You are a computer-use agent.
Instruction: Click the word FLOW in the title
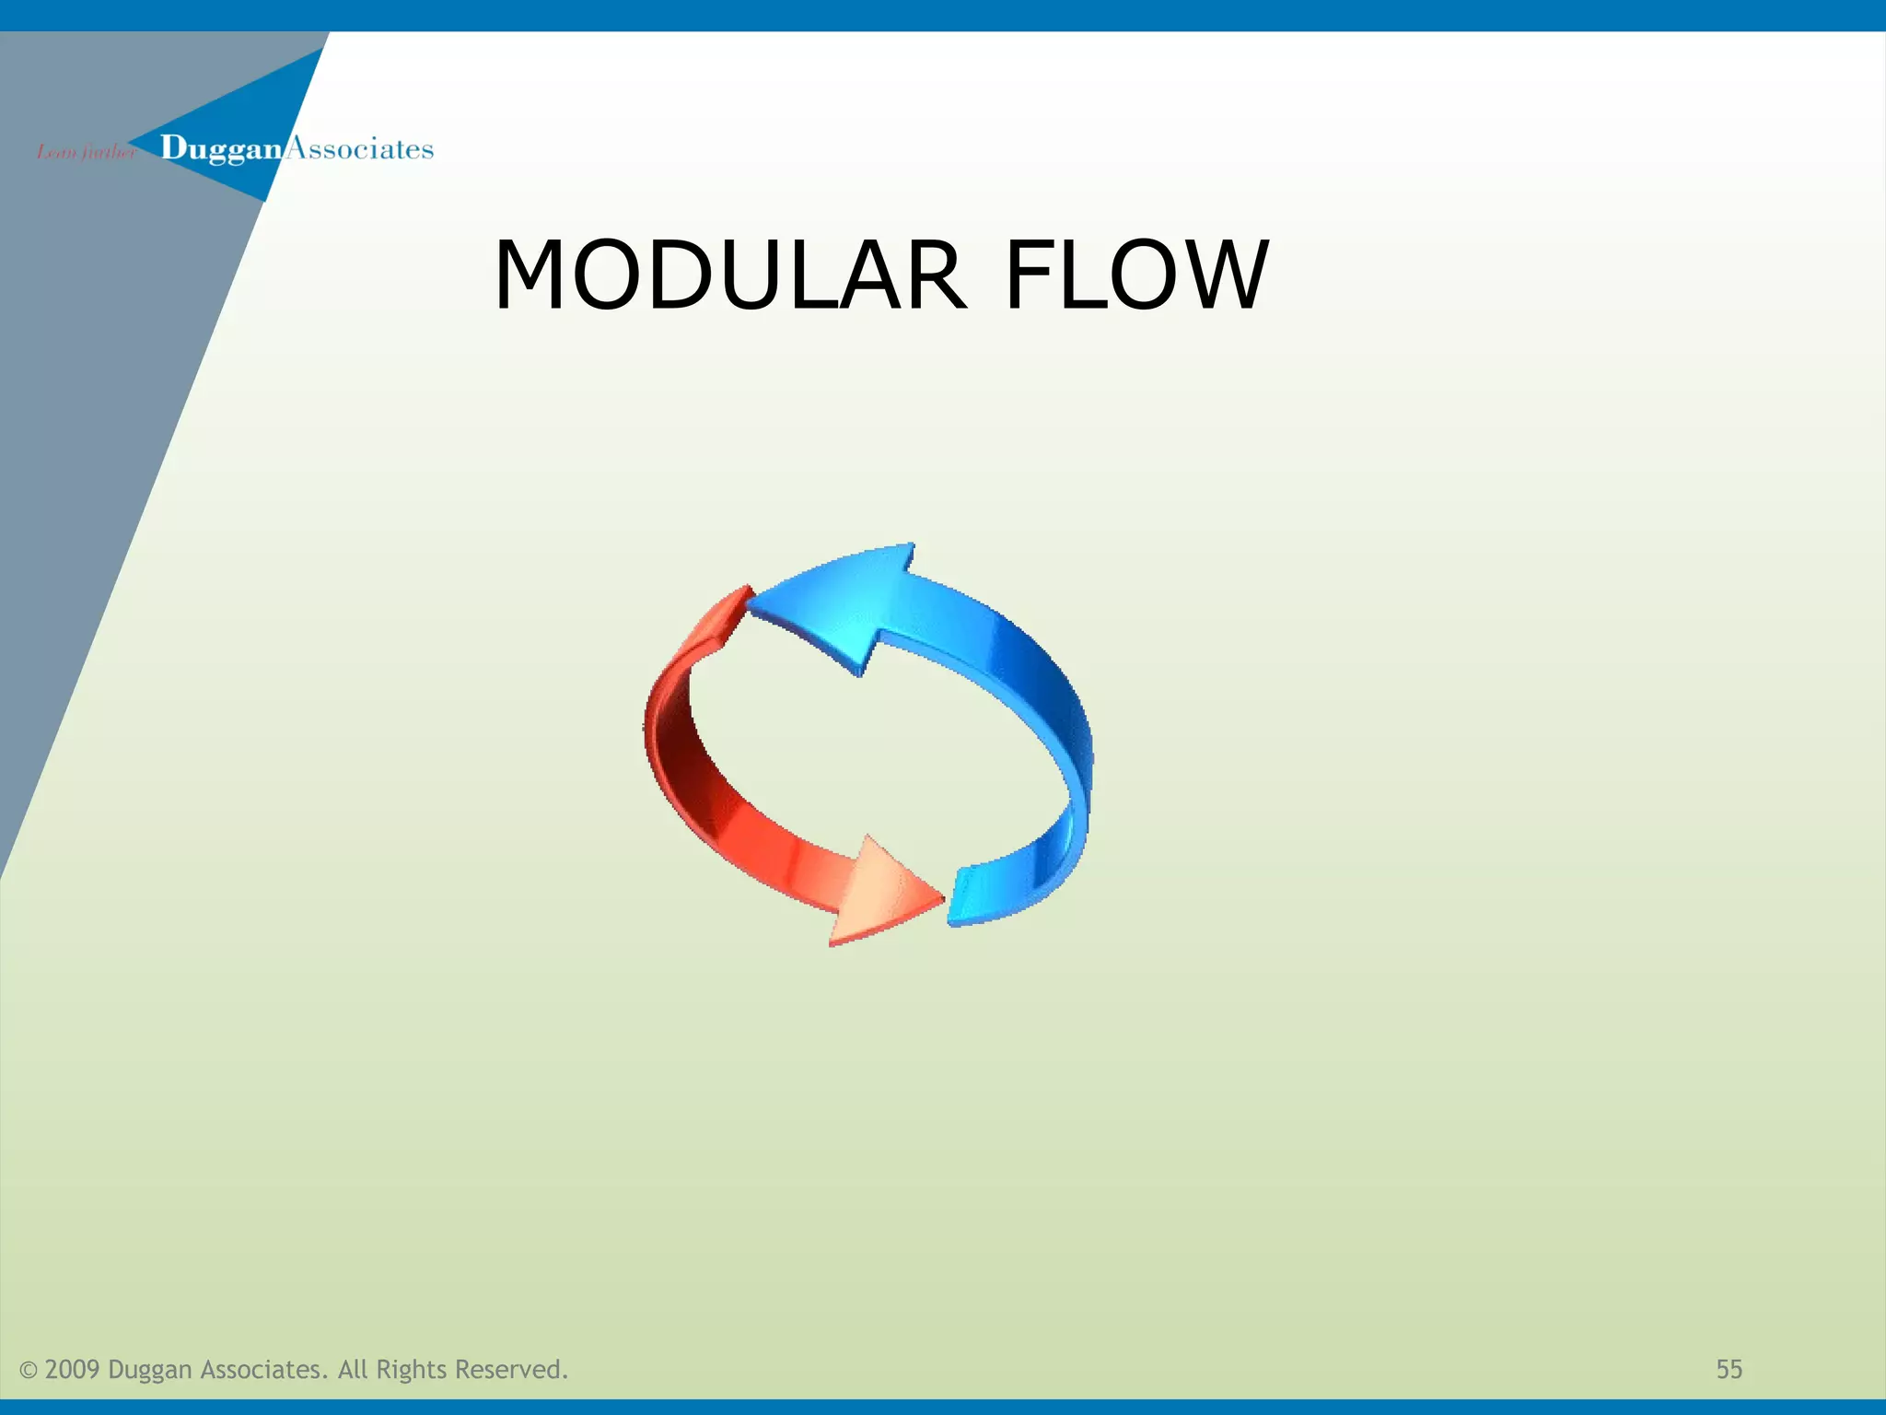pos(1136,275)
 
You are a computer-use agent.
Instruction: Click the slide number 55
pos(1729,1370)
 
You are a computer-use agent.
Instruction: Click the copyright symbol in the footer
pos(29,1371)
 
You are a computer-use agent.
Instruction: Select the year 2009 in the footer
pos(72,1370)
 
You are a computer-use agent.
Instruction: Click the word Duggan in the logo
pos(220,148)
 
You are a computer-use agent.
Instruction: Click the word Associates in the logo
pos(360,148)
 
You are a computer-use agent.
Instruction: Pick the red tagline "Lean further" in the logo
pos(85,152)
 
